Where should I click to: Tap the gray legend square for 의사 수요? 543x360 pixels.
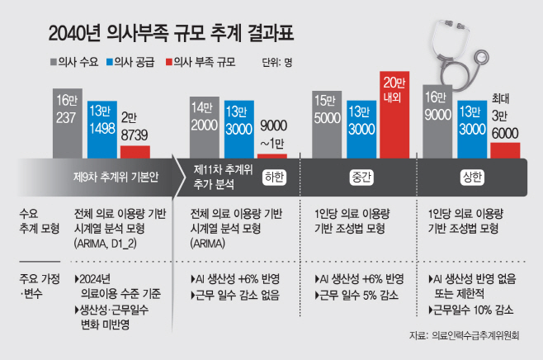pos(54,61)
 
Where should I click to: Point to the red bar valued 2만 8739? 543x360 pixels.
pos(135,151)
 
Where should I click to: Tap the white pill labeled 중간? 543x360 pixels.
pos(357,177)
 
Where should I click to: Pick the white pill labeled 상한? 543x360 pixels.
pos(470,177)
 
